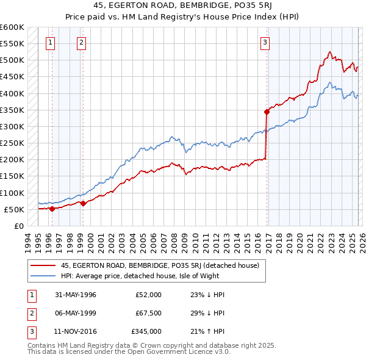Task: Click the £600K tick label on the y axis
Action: click(x=12, y=27)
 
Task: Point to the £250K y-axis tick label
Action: click(x=12, y=143)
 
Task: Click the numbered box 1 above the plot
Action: click(x=49, y=43)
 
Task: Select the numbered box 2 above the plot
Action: click(x=81, y=43)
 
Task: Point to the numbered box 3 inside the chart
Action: click(x=265, y=43)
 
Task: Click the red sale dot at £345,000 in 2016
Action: click(x=267, y=112)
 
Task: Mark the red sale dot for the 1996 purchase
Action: click(x=52, y=209)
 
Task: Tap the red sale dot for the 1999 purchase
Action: click(x=84, y=203)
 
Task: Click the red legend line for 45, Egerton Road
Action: click(x=43, y=265)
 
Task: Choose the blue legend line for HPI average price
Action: click(x=43, y=275)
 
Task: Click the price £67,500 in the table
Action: click(x=148, y=313)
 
